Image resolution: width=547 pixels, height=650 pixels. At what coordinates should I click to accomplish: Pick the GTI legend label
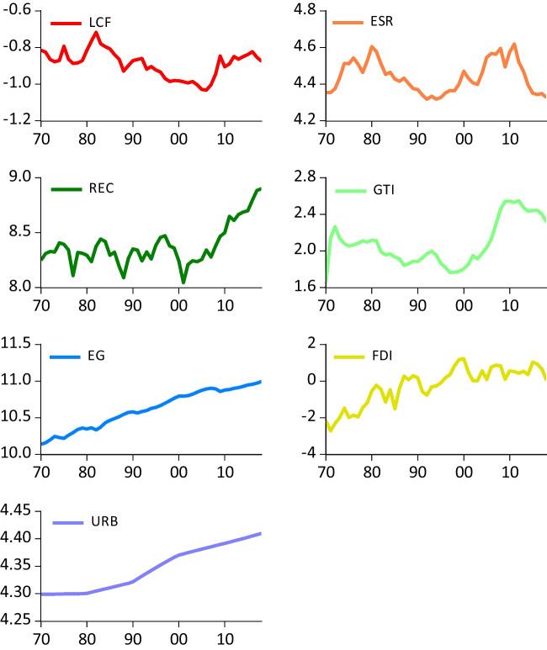pos(382,191)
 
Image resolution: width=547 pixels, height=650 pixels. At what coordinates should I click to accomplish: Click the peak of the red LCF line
pos(96,33)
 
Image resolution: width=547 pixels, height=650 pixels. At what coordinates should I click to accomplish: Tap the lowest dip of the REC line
pos(183,283)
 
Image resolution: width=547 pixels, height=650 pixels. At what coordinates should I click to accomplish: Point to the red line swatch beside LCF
pos(65,23)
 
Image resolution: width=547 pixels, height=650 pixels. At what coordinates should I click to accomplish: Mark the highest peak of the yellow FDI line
pos(462,358)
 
